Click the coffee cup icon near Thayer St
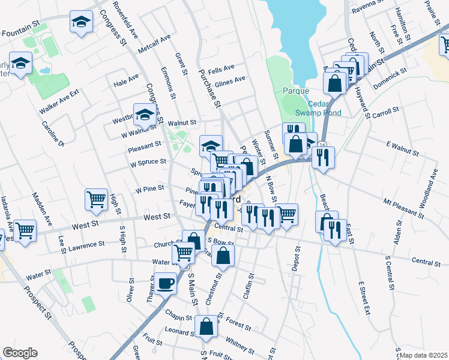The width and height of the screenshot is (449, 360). (166, 283)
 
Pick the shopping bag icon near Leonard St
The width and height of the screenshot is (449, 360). (206, 327)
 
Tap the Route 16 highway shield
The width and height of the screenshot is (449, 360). (323, 145)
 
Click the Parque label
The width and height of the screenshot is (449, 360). (295, 91)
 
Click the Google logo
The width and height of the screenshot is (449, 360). (20, 353)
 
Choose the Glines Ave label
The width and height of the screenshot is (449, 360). (230, 81)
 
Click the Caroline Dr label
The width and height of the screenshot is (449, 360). (53, 134)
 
